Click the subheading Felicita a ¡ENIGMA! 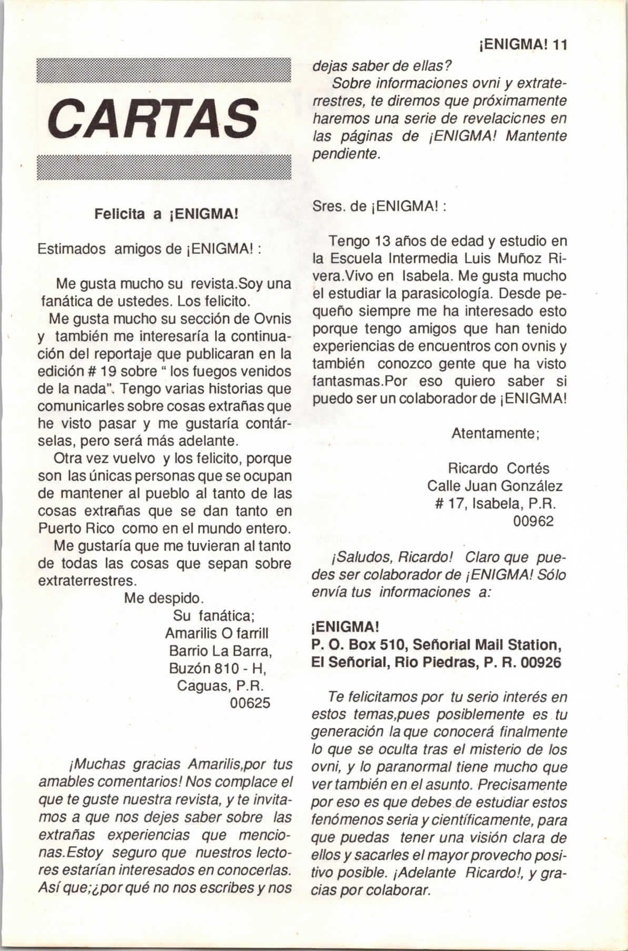pos(167,215)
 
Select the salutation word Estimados pos(72,249)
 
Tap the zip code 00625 pos(250,703)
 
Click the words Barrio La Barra pos(220,651)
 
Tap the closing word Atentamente pos(493,433)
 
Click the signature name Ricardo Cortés pos(498,468)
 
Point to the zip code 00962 pos(533,521)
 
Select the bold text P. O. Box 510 pos(359,645)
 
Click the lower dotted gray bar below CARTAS pos(164,167)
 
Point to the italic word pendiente pos(346,155)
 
